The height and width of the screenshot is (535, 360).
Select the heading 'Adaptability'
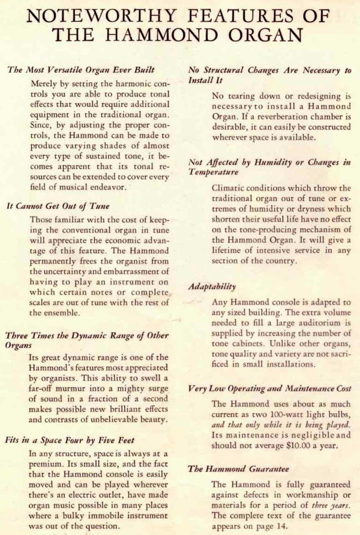click(x=212, y=286)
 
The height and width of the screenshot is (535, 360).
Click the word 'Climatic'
click(x=229, y=187)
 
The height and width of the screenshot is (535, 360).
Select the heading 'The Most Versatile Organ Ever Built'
click(x=81, y=70)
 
